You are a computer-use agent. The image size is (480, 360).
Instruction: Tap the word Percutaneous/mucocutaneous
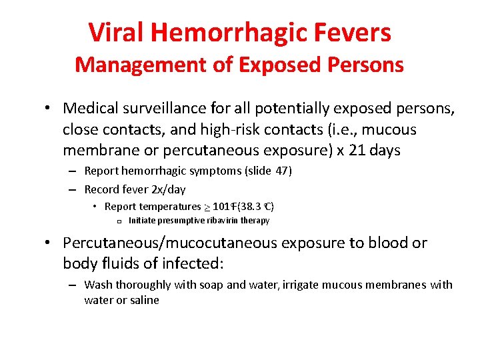[x=168, y=243]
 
